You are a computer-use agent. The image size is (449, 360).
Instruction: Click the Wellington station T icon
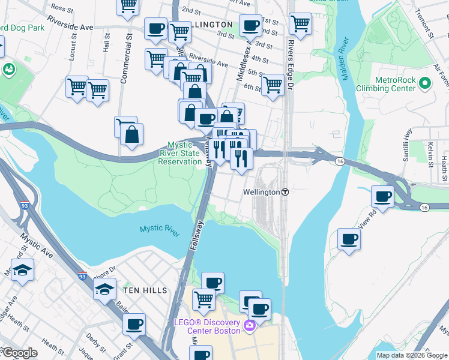(286, 192)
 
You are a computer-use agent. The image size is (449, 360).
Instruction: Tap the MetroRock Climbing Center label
(394, 84)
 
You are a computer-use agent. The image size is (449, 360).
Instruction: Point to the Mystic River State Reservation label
(184, 153)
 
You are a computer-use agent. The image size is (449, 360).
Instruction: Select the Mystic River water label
(160, 230)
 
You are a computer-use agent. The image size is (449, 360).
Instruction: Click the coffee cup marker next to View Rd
(382, 196)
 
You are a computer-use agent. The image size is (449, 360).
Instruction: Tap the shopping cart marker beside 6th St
(273, 84)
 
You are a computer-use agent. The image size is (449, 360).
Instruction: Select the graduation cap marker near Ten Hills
(104, 290)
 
